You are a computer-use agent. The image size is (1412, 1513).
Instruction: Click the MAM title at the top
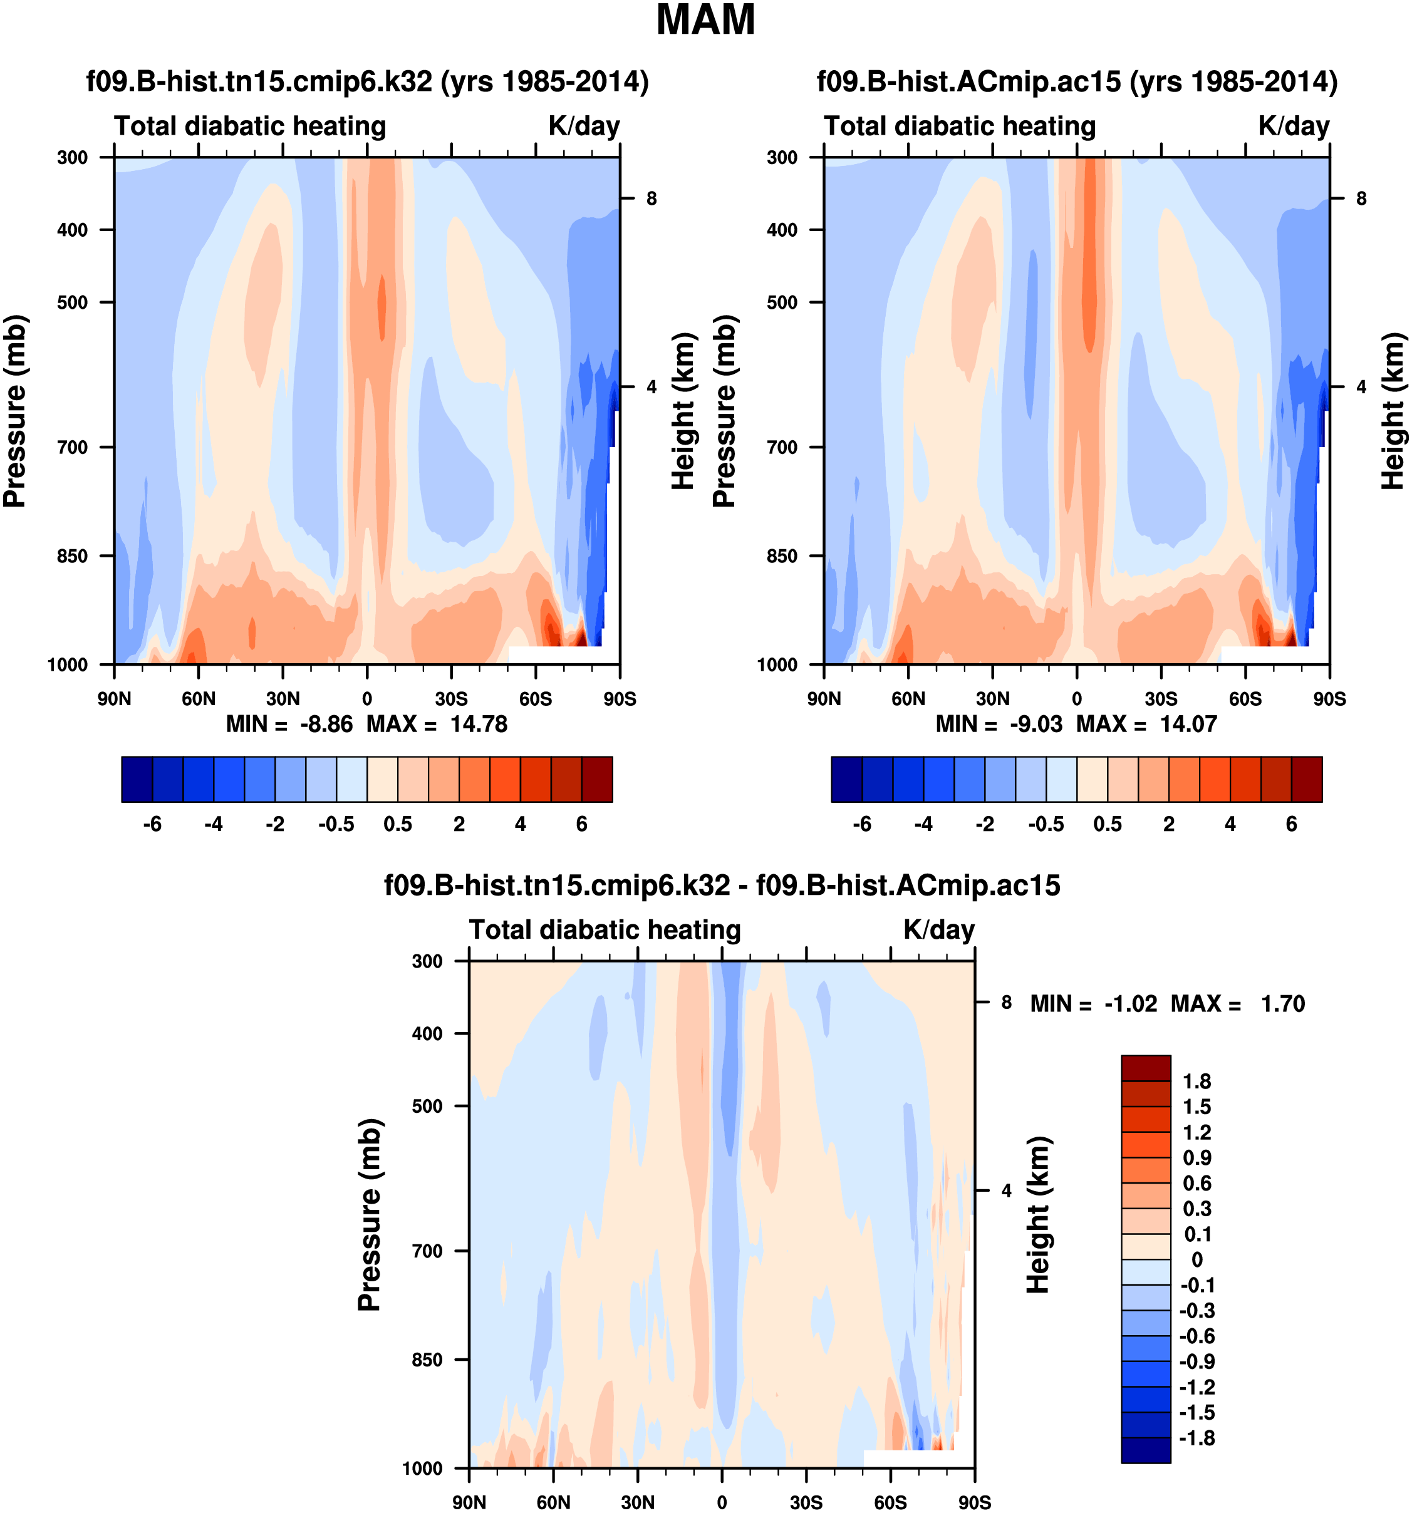(705, 21)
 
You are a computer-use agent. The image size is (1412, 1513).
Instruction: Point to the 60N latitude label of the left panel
(198, 699)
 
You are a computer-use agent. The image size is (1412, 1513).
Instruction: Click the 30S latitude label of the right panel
(1161, 699)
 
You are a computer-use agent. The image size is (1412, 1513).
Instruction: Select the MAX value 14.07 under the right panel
(1188, 724)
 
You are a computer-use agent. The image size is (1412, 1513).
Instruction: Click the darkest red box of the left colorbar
(597, 779)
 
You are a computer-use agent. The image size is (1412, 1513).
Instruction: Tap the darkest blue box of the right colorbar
(846, 779)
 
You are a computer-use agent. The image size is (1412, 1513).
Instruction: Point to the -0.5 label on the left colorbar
(336, 824)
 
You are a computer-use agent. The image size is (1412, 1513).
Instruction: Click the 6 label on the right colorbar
(1291, 824)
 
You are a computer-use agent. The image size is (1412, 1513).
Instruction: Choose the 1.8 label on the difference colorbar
(1197, 1082)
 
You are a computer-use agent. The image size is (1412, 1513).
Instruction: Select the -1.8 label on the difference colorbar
(1197, 1438)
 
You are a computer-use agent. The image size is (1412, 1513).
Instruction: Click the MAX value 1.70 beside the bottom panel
(1282, 1004)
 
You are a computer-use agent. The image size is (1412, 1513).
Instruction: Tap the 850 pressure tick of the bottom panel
(427, 1360)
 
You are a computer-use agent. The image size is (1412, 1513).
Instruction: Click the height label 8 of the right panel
(1361, 199)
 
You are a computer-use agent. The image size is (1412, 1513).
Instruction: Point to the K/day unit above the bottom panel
(938, 930)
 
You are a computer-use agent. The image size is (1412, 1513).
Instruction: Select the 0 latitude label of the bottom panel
(722, 1502)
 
